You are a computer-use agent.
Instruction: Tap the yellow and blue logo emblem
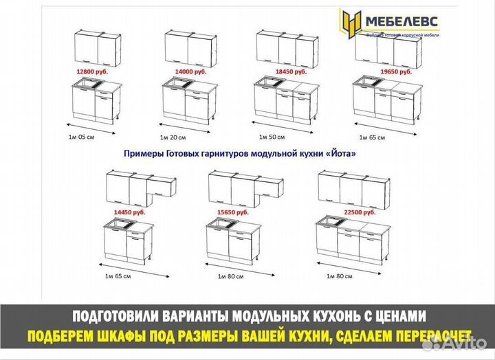[351, 24]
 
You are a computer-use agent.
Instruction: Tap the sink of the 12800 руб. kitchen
[89, 86]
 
